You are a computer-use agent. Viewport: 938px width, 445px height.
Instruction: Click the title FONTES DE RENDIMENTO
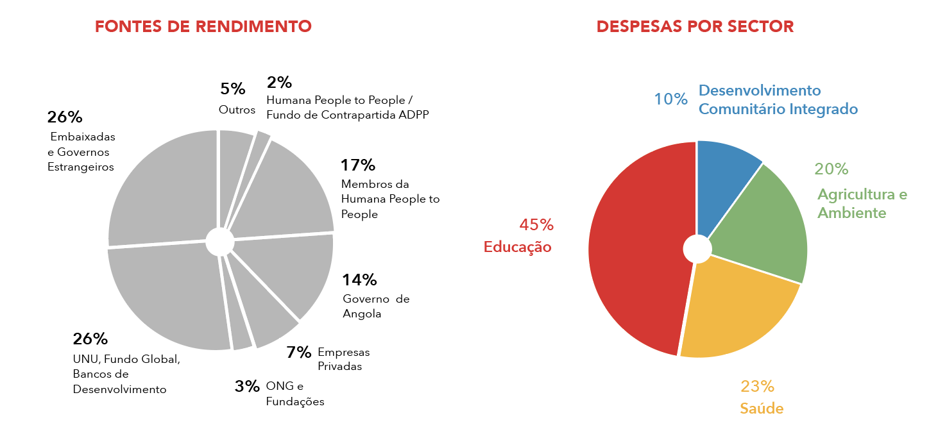point(203,26)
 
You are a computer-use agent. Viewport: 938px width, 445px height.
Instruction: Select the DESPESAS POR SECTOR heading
point(695,26)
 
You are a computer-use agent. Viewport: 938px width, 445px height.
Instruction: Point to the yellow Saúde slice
point(738,308)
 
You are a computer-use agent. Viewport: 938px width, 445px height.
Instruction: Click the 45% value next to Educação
point(536,225)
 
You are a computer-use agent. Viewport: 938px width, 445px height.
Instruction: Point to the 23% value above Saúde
point(757,387)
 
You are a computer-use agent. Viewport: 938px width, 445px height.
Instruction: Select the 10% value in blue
point(670,99)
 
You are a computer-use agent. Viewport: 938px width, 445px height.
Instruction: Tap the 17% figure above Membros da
point(357,165)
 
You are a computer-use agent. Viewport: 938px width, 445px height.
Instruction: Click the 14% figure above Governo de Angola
point(359,280)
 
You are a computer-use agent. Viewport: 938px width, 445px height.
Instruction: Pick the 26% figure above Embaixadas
point(65,117)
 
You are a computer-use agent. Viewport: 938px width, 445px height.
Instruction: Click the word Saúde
point(762,408)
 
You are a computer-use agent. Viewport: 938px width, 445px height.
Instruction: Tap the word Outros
point(237,110)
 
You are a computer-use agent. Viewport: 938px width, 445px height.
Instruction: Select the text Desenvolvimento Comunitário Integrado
point(778,99)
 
